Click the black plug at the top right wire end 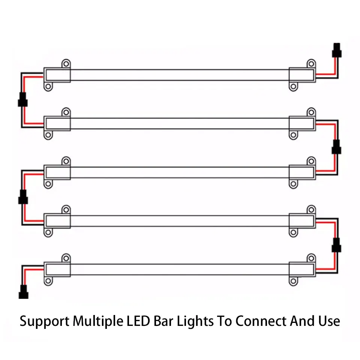tap(337, 49)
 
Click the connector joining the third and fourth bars tap(23, 196)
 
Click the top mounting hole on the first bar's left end tap(66, 63)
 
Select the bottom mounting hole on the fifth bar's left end tap(48, 281)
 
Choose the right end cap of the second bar tap(302, 124)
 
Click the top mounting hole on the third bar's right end tap(311, 160)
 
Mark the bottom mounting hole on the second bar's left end tap(48, 135)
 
